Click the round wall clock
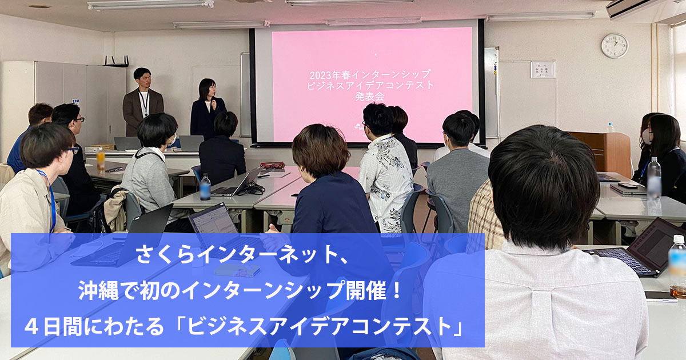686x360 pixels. [615, 46]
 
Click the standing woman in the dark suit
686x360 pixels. [207, 109]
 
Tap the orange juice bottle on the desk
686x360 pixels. [101, 159]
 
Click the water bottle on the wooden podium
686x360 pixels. [611, 127]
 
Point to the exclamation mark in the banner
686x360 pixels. [397, 291]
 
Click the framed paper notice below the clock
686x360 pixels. [543, 70]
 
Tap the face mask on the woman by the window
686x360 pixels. [647, 136]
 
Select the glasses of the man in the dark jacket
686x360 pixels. [79, 119]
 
